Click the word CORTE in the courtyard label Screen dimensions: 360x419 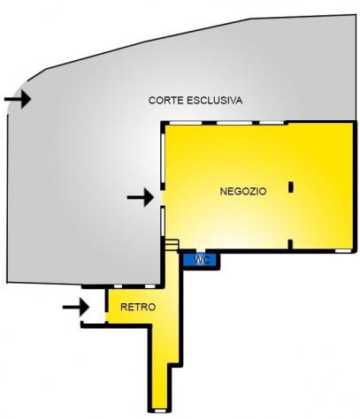(x=166, y=101)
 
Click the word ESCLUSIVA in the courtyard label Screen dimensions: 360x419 (x=215, y=101)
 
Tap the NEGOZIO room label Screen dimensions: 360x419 (x=243, y=191)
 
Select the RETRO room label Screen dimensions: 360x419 (x=138, y=307)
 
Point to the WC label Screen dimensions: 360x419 (x=202, y=260)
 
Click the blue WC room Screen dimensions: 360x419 (x=200, y=260)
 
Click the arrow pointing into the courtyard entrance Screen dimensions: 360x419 (x=18, y=99)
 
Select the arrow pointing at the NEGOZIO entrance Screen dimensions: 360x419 (x=141, y=197)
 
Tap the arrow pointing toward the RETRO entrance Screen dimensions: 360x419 (x=76, y=307)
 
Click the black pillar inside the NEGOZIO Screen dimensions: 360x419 (x=291, y=187)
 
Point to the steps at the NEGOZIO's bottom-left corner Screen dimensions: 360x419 (x=172, y=245)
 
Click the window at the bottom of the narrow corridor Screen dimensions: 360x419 (x=160, y=411)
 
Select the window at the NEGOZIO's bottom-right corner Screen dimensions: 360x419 (x=343, y=251)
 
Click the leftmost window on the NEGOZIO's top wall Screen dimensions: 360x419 (x=186, y=123)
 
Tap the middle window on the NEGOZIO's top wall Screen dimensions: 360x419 (x=234, y=123)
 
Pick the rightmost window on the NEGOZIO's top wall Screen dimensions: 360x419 (x=272, y=123)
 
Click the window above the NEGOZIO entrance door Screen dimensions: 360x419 (x=163, y=158)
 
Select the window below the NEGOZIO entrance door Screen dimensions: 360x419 (x=163, y=222)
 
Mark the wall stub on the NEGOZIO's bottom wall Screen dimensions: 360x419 (x=290, y=245)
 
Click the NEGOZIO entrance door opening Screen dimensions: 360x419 (x=161, y=197)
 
